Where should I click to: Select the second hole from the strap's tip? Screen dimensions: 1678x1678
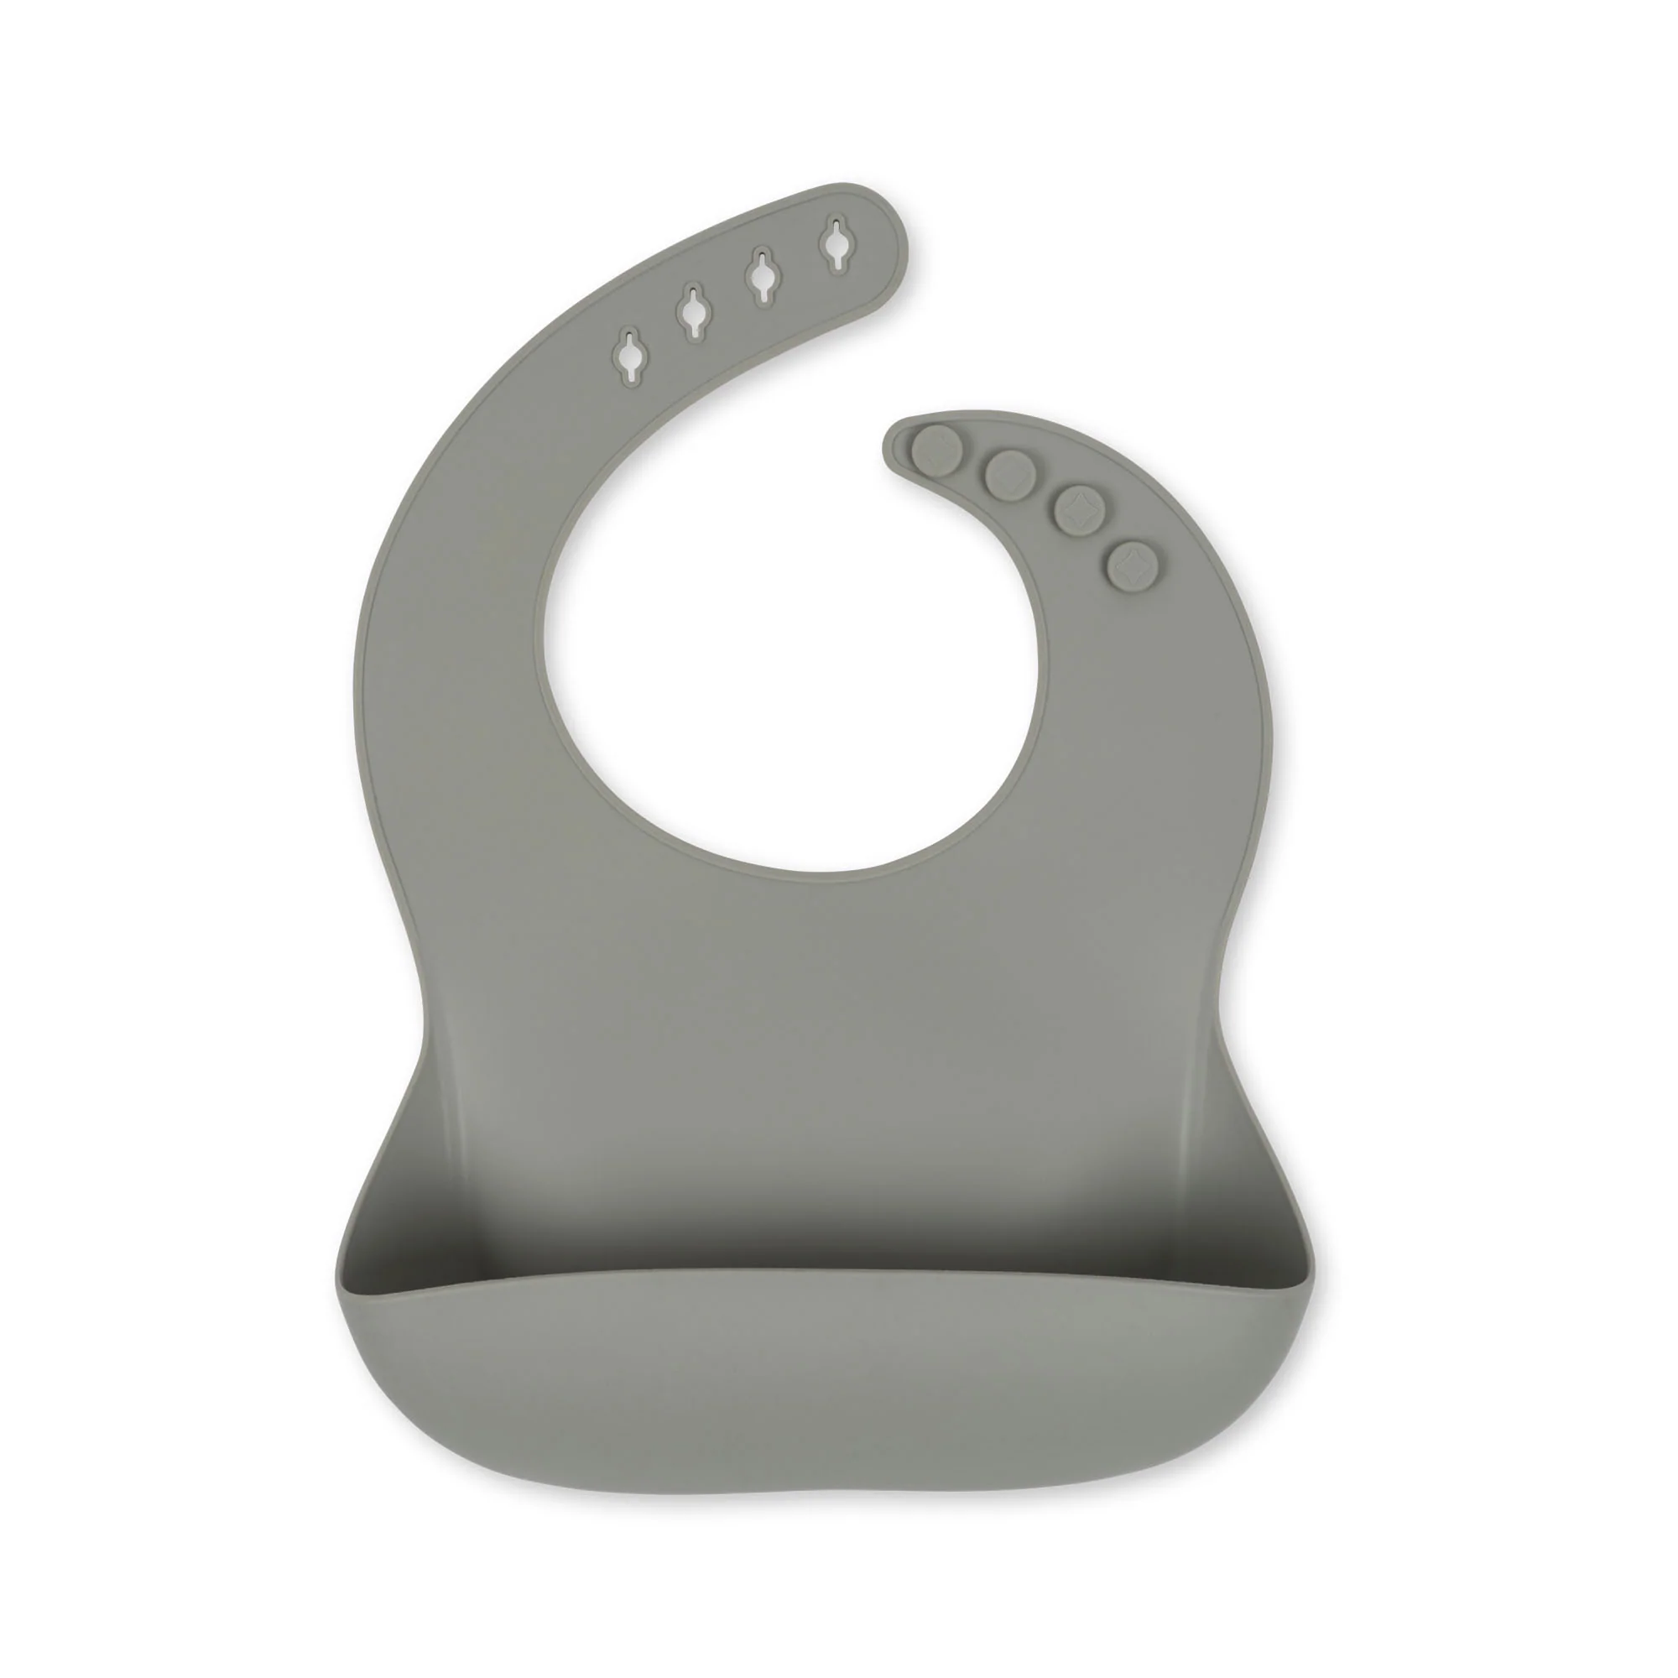pos(762,276)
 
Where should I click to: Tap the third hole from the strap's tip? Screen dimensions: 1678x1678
pos(693,313)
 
